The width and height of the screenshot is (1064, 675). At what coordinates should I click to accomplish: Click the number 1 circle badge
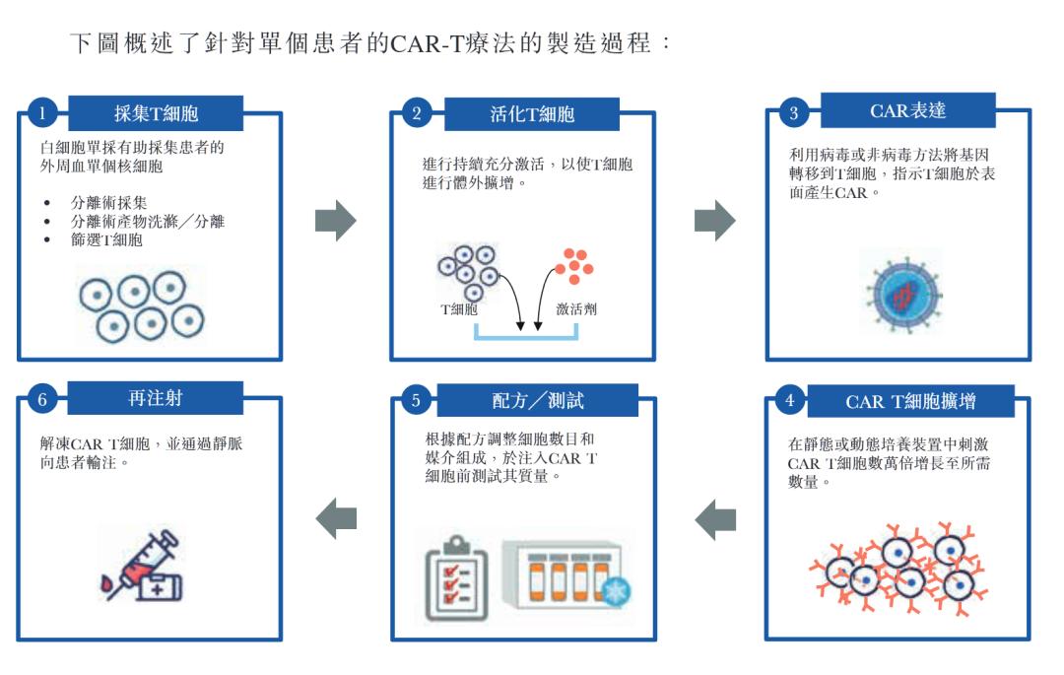(41, 113)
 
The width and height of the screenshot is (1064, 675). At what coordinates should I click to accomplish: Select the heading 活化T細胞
(532, 113)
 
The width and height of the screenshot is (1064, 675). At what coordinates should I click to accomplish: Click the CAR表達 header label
(907, 110)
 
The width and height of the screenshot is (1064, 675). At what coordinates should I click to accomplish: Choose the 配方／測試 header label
(533, 401)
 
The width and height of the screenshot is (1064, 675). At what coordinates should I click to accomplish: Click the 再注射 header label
(155, 399)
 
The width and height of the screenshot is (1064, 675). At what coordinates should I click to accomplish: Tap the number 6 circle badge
(41, 400)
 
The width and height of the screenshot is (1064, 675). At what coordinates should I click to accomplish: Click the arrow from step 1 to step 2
(335, 222)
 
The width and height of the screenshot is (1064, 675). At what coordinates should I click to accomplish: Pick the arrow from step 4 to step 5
(715, 519)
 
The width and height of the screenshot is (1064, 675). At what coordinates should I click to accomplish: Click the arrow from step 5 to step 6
(336, 519)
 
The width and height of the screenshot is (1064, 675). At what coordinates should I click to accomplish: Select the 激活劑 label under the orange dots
(576, 308)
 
